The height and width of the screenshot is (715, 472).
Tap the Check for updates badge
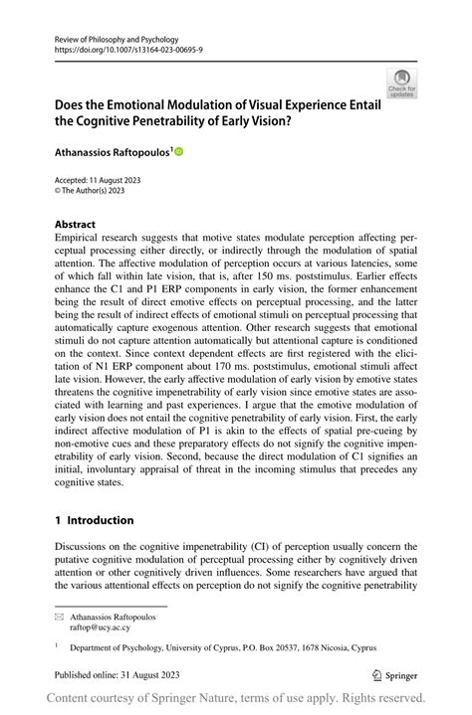[x=401, y=84]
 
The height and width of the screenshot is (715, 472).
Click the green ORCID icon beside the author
[x=179, y=152]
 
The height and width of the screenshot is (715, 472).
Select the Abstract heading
[x=76, y=225]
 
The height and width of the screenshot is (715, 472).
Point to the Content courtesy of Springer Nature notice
[x=236, y=700]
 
